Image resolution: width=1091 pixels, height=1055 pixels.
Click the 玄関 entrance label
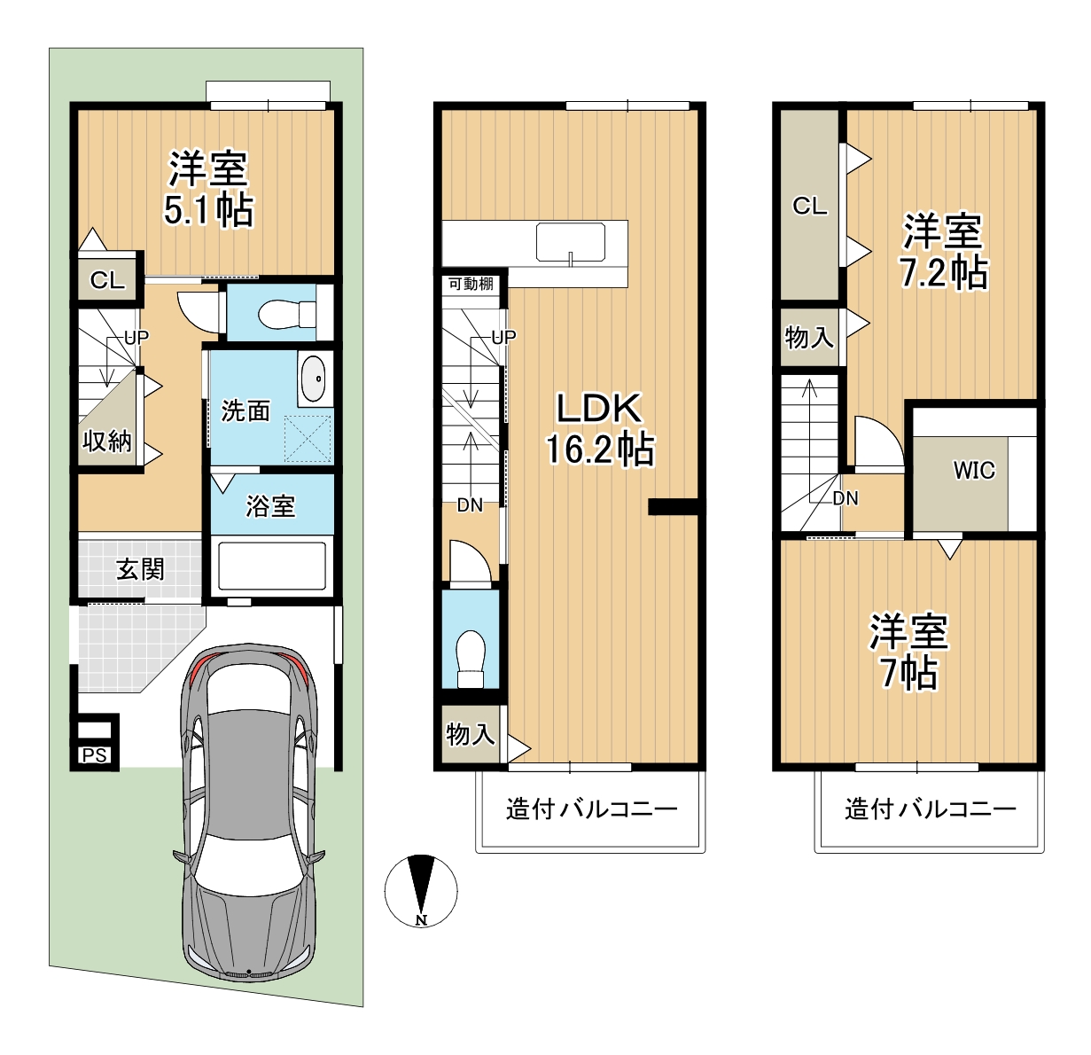[140, 570]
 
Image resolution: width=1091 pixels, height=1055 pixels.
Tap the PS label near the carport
[94, 755]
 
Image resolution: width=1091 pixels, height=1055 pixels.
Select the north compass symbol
[420, 891]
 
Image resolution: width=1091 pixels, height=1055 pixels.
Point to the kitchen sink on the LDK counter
[570, 242]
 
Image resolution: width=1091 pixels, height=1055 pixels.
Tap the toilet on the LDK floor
[471, 658]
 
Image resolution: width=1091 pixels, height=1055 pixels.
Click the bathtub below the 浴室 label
[270, 564]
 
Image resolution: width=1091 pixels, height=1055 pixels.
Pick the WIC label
[974, 471]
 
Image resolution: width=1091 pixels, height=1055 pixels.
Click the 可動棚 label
[471, 284]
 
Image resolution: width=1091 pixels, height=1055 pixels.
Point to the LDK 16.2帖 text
[599, 429]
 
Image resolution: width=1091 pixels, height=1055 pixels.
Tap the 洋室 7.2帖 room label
[944, 251]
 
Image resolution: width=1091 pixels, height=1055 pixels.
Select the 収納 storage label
[106, 442]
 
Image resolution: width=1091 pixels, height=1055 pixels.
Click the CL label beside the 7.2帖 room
[809, 207]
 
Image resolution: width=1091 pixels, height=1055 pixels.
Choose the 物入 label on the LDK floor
[471, 733]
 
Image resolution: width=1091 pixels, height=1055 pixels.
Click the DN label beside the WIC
[846, 498]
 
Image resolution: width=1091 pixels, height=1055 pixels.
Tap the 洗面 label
[245, 410]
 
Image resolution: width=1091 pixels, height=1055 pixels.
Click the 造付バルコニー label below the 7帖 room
[930, 809]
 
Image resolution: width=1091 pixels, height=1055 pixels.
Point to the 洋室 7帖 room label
[908, 652]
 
